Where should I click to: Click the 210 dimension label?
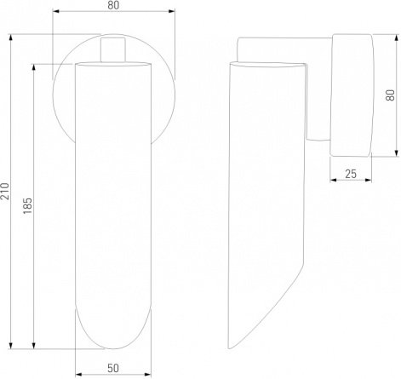click(5, 191)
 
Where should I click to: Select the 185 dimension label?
click(28, 205)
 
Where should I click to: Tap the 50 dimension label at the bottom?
click(113, 369)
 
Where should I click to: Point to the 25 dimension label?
click(351, 174)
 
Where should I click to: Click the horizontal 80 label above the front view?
click(113, 5)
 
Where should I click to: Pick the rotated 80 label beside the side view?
click(390, 95)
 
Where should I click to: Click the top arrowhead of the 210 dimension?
click(11, 38)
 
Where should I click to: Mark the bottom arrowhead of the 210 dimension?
click(11, 345)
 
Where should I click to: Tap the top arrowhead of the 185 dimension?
click(34, 68)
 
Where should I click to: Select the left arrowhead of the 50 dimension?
click(78, 375)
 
